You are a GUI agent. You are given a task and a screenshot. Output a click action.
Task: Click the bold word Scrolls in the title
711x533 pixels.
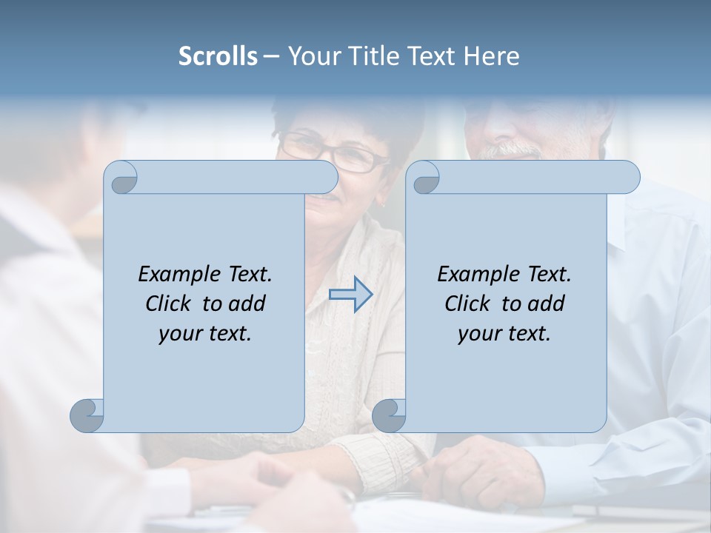pos(218,56)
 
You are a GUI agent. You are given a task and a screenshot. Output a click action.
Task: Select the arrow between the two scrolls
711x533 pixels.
pos(351,295)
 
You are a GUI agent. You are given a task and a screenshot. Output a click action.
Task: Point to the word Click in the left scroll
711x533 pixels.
pos(170,304)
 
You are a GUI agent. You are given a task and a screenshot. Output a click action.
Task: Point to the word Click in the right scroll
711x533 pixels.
pos(470,304)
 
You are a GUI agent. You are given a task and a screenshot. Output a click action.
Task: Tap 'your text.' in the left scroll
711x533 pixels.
pos(205,333)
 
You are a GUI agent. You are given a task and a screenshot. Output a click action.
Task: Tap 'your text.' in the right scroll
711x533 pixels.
pos(504,333)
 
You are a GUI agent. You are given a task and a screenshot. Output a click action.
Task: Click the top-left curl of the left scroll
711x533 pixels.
pos(121,178)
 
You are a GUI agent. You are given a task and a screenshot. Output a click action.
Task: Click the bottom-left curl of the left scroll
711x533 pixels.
pos(87,415)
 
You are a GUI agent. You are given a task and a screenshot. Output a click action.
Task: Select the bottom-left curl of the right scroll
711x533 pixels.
pos(389,415)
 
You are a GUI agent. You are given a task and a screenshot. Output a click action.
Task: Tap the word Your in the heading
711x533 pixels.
pos(312,56)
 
